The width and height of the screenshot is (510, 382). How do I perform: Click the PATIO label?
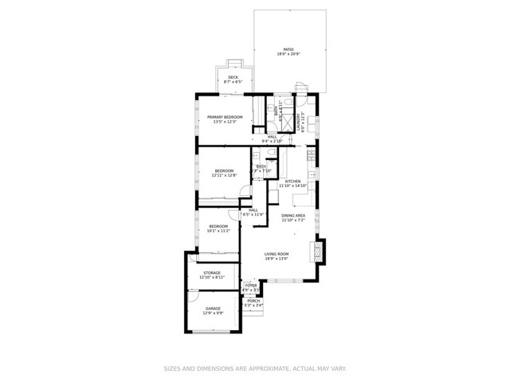tap(288, 49)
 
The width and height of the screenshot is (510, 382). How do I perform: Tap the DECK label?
tap(233, 78)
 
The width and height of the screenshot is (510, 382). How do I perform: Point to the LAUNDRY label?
tap(298, 122)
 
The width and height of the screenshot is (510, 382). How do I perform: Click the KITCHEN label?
tap(292, 181)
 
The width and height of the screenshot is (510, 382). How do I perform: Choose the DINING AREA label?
tap(293, 216)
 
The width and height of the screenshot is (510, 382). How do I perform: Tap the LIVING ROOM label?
tap(277, 254)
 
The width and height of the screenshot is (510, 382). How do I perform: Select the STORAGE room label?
tap(212, 273)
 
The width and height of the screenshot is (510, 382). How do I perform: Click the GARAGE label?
tap(213, 308)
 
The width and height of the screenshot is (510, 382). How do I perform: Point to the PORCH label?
tap(253, 300)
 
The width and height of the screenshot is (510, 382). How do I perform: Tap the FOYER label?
tap(251, 285)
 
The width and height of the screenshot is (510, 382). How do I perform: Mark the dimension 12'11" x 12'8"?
tap(224, 174)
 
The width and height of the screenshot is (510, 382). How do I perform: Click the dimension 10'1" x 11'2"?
tap(218, 231)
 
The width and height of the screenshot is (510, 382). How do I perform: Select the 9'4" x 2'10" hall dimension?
tap(273, 141)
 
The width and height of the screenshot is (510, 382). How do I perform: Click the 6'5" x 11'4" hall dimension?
tap(253, 214)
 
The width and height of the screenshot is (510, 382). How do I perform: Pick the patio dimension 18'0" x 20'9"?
tap(288, 53)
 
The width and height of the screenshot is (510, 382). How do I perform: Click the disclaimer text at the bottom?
tap(254, 368)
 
